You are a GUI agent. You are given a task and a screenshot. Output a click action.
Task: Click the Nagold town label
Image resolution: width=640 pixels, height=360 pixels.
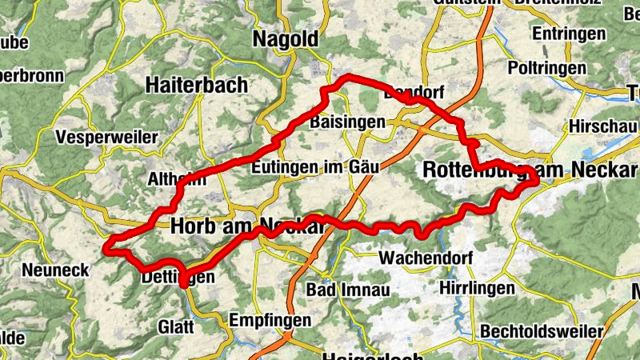pyautogui.click(x=285, y=39)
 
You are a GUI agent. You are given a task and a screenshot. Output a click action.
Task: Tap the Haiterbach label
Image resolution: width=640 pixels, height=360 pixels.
pyautogui.click(x=197, y=84)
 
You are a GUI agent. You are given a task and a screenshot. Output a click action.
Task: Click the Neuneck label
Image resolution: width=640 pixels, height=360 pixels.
pyautogui.click(x=55, y=270)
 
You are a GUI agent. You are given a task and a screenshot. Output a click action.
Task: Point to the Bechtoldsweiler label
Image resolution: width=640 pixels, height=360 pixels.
pyautogui.click(x=542, y=330)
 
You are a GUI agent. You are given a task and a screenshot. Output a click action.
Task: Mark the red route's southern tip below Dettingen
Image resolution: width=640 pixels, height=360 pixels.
pyautogui.click(x=183, y=284)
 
